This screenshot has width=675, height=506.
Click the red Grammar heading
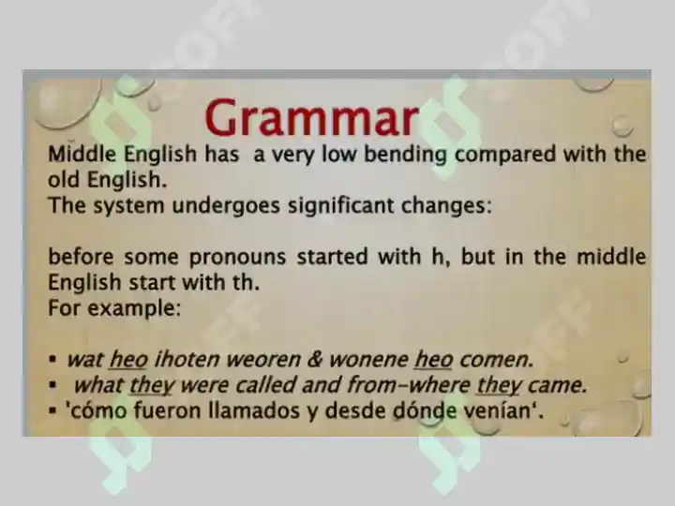point(311,117)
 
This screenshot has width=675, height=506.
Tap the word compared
point(505,155)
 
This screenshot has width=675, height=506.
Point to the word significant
point(340,205)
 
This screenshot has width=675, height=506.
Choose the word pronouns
point(237,258)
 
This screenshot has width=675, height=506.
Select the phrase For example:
point(114,308)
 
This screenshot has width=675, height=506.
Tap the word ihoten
point(187,359)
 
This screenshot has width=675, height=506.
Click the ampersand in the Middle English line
point(315,359)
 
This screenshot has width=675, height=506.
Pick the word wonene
point(368,360)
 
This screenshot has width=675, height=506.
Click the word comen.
point(497,360)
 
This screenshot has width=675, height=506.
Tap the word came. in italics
point(558,385)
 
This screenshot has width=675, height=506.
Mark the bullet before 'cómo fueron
point(52,411)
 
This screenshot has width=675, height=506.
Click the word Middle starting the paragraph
point(82,154)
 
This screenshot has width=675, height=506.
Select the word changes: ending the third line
point(446,206)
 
